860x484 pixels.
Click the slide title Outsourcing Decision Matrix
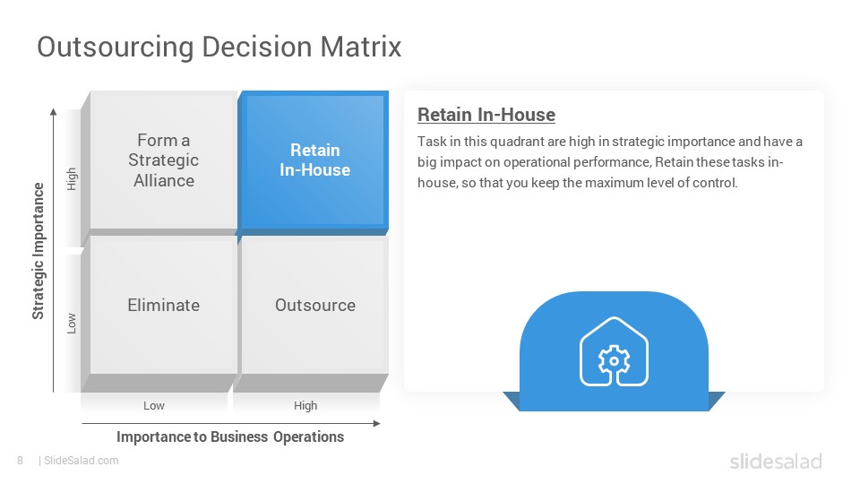(x=219, y=47)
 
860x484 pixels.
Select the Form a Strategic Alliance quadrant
(x=163, y=160)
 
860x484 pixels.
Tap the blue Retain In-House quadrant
(x=314, y=160)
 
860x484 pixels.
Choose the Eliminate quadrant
(x=163, y=305)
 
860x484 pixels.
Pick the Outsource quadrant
(x=314, y=305)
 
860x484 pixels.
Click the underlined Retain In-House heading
(x=486, y=115)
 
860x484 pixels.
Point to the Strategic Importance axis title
(x=38, y=251)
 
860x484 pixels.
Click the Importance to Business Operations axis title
(x=230, y=436)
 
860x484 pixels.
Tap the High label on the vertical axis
(x=72, y=179)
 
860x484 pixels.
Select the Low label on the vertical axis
(x=72, y=324)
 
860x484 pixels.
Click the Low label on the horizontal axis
(x=153, y=405)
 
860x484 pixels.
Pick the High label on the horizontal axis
(x=305, y=405)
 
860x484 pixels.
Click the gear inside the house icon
(x=614, y=360)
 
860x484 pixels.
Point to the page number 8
(x=21, y=461)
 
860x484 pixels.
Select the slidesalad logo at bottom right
(x=776, y=461)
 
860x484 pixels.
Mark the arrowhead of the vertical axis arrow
(x=53, y=112)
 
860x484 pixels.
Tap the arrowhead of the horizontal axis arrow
(x=377, y=424)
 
